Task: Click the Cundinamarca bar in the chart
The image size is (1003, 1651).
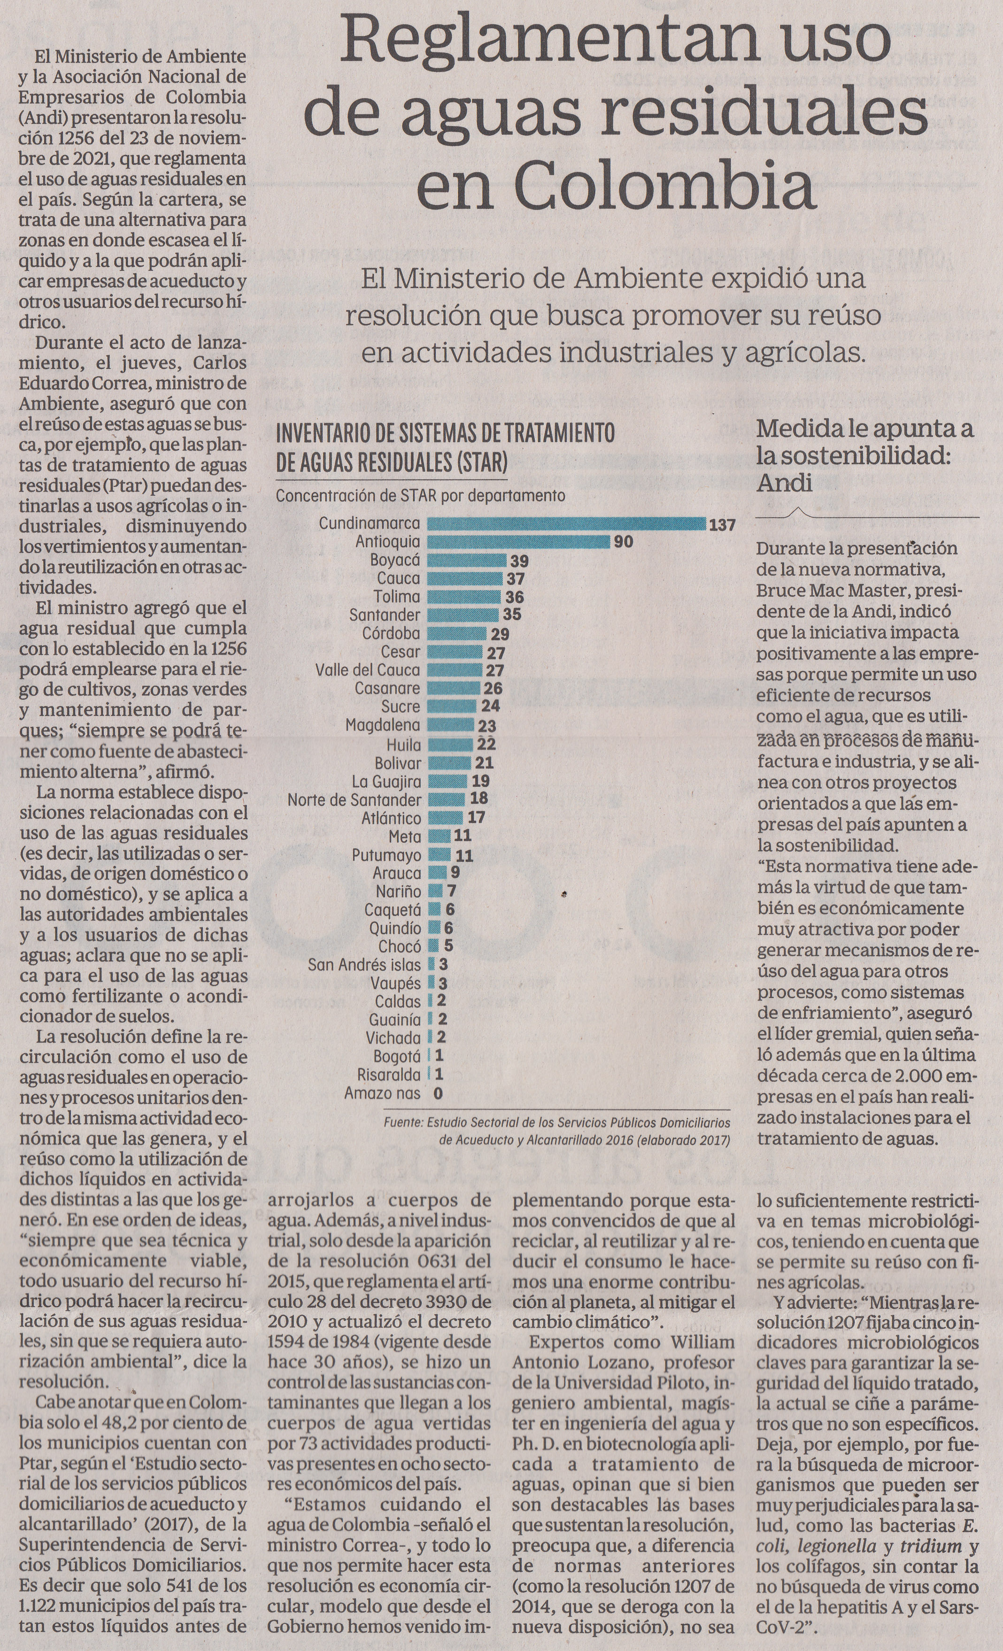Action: tap(566, 524)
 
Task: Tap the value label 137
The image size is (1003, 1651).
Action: tap(722, 525)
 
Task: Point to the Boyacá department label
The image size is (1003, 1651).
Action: tap(395, 560)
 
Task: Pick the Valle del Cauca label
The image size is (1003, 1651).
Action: tap(368, 670)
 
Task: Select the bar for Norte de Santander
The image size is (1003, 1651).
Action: tap(446, 799)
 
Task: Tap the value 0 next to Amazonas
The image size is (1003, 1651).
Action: tap(438, 1093)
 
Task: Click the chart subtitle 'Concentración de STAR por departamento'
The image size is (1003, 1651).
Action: tap(420, 496)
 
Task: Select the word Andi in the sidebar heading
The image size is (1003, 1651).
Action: tap(785, 483)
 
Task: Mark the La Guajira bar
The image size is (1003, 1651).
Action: tap(447, 781)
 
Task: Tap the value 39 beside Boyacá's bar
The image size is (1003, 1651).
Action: tap(520, 561)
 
